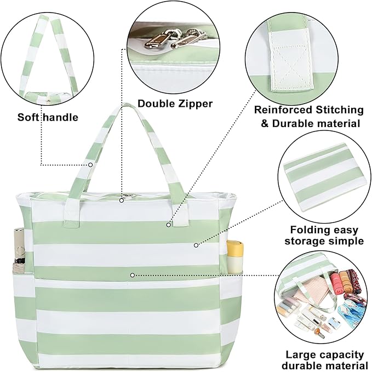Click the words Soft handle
coord(48,117)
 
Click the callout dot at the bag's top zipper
coord(122,199)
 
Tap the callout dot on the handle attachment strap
coord(168,224)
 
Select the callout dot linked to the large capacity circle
coord(133,274)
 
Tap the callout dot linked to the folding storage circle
coord(196,245)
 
